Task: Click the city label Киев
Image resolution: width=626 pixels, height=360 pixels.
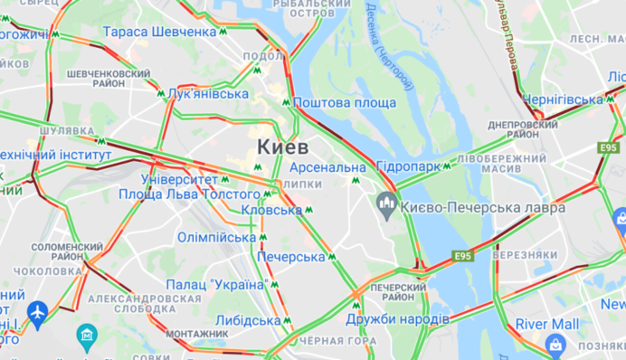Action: pos(282,147)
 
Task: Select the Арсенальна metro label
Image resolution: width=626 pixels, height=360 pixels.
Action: pos(327,167)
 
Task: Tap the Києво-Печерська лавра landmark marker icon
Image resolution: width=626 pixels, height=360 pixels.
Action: pos(387,204)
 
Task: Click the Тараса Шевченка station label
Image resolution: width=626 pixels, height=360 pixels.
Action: pos(159,32)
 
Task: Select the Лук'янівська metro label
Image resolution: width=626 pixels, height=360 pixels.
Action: pos(208,93)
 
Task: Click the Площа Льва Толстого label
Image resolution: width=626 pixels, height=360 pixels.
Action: pos(189,194)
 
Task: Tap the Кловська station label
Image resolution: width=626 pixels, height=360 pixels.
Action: pos(271,210)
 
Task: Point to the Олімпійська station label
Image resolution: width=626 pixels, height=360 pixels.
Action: pos(216,237)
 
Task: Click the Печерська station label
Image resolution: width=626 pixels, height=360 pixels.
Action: pos(290,257)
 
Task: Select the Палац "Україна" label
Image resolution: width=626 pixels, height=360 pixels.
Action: pos(214,285)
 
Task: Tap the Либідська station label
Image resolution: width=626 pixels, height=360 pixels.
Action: pos(248,320)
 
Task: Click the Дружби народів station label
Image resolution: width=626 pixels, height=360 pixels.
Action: pos(397,319)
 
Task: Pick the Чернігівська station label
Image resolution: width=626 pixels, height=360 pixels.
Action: pos(562,99)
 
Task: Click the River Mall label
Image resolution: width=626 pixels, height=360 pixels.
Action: pos(547,324)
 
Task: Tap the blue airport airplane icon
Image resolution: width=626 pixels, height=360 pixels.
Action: pos(37,313)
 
